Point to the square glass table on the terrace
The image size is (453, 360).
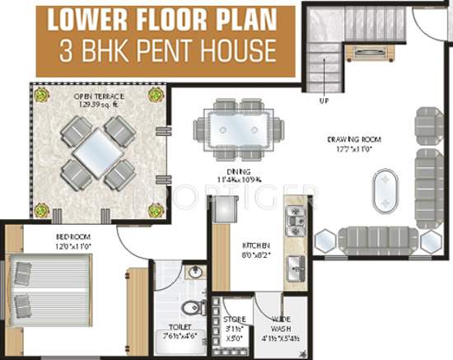point(96,155)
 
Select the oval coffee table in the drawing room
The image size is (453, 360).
point(384,191)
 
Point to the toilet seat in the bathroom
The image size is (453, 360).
point(190,307)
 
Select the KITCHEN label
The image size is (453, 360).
point(251,246)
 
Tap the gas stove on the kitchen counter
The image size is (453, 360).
point(295,221)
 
